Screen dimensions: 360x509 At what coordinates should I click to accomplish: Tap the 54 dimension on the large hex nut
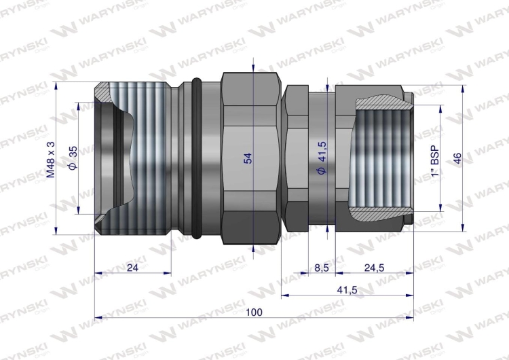pos(248,158)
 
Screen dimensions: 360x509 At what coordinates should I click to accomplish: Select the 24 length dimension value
pos(132,268)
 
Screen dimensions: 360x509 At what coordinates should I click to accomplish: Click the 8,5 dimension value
pos(321,268)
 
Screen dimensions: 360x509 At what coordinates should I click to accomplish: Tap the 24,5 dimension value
pos(374,268)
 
